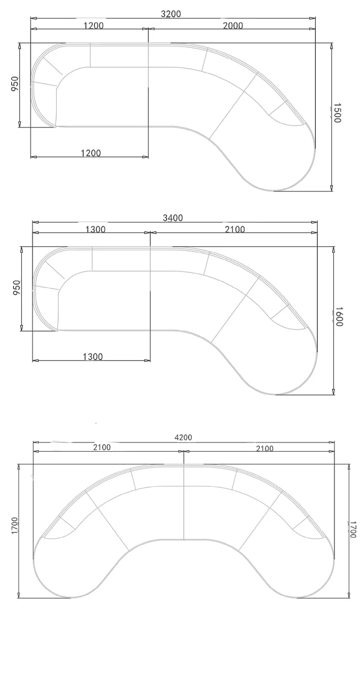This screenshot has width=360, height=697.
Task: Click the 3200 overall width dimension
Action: (x=171, y=14)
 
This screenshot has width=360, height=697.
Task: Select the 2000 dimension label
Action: (x=233, y=25)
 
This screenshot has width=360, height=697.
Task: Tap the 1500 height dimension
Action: (x=337, y=113)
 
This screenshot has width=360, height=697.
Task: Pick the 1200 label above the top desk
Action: (x=93, y=25)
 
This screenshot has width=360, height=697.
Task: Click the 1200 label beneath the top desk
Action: (x=91, y=153)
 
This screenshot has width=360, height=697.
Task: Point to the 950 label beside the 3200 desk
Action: (x=15, y=84)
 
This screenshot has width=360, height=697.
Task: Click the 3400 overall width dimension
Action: (x=173, y=218)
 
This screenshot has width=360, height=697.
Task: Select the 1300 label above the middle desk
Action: (x=96, y=229)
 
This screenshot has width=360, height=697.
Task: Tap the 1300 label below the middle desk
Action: (x=93, y=356)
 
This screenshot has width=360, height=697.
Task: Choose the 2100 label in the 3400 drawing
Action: (x=235, y=229)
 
